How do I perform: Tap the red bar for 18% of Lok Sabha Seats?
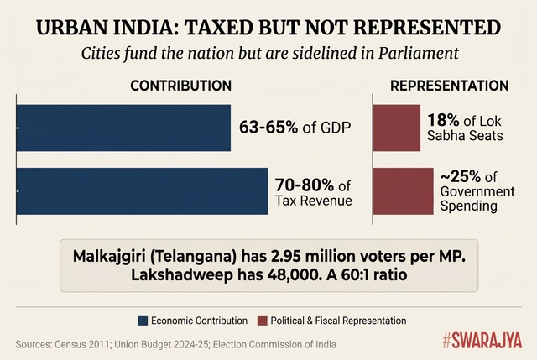[x=396, y=128]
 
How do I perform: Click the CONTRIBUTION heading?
[x=181, y=86]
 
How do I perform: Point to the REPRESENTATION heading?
[x=449, y=86]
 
